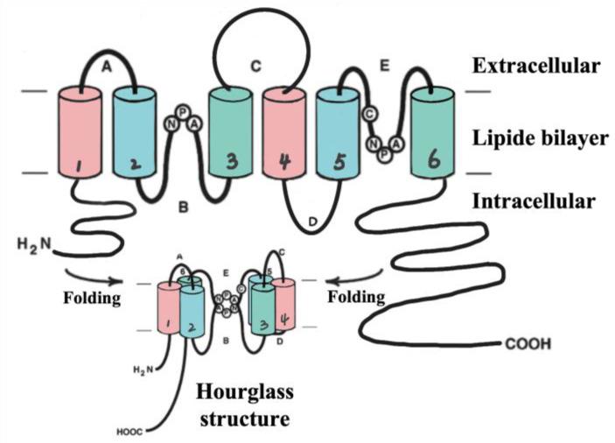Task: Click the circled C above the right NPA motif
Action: (x=371, y=112)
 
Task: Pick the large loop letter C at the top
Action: (x=255, y=66)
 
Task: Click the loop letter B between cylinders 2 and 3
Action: (x=183, y=207)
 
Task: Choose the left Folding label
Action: (x=91, y=297)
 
